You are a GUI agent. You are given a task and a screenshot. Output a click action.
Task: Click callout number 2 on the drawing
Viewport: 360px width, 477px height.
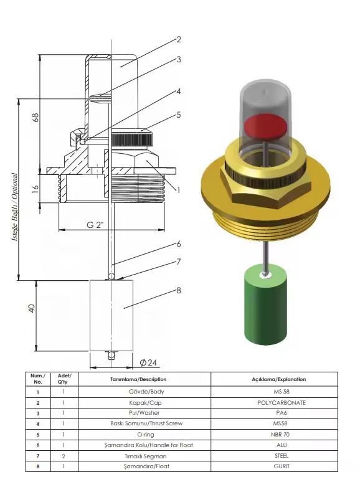coord(179,40)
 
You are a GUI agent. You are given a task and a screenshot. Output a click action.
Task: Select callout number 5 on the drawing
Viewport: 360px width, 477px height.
coord(179,115)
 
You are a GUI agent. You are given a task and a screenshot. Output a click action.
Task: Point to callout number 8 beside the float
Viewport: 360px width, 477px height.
coord(179,291)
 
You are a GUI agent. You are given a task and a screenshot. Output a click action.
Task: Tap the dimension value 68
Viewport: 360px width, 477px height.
coord(36,118)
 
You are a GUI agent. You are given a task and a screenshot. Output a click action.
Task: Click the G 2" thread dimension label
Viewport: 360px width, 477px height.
coord(95,225)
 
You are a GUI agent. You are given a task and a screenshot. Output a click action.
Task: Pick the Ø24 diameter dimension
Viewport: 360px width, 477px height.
coord(148,362)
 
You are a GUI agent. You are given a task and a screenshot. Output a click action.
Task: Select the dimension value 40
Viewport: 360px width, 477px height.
coord(32,308)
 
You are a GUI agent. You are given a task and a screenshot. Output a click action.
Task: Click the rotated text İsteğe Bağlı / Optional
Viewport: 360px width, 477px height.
coord(14,207)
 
